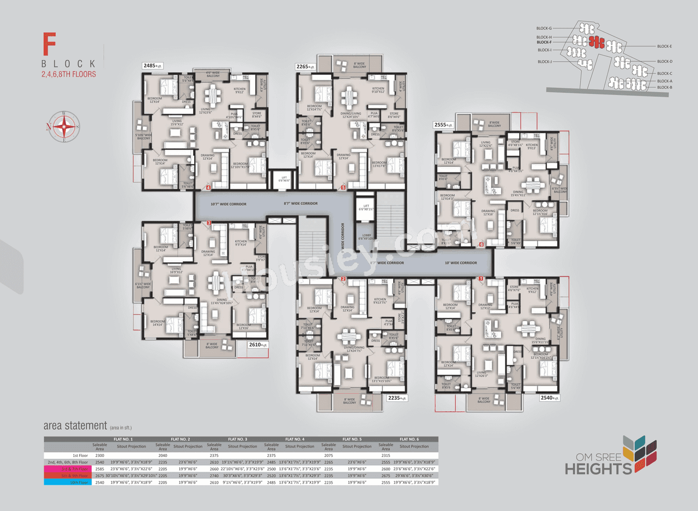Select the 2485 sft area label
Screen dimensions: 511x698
153,66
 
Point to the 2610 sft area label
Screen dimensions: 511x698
257,345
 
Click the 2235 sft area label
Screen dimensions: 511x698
397,398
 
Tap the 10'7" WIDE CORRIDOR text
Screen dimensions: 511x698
228,204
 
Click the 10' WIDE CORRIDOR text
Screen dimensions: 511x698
460,263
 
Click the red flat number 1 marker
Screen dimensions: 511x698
481,279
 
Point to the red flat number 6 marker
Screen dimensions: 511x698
481,244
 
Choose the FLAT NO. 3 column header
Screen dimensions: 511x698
238,439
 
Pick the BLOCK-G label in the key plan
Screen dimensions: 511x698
544,28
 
